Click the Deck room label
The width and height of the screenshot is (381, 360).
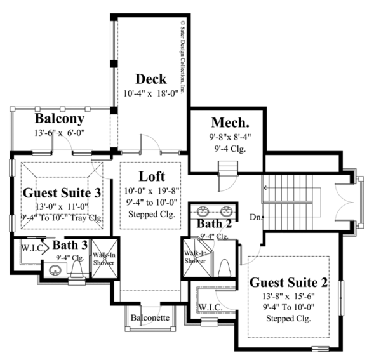[x=150, y=79]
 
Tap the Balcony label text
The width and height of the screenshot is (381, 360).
[x=60, y=119]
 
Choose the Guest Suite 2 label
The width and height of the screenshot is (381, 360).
[x=289, y=282]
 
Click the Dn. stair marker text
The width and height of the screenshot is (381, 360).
[x=254, y=218]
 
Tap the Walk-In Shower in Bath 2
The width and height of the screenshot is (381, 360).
[x=195, y=256]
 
